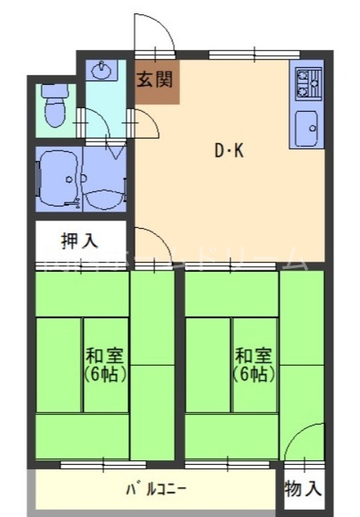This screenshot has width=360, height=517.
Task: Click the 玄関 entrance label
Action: pyautogui.click(x=157, y=80)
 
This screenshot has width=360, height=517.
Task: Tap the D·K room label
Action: pyautogui.click(x=229, y=151)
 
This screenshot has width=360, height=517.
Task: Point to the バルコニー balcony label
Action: pyautogui.click(x=156, y=489)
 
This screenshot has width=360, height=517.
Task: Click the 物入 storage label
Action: pyautogui.click(x=303, y=489)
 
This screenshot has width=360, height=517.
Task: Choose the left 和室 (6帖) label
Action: pyautogui.click(x=104, y=363)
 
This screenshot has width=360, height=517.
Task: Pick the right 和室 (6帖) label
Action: pyautogui.click(x=253, y=363)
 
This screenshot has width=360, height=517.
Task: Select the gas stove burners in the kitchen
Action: pyautogui.click(x=307, y=83)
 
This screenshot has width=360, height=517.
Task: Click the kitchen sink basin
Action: pyautogui.click(x=306, y=129)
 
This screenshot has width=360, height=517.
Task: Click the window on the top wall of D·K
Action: pyautogui.click(x=253, y=54)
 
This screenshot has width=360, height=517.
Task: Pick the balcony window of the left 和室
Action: pyautogui.click(x=92, y=465)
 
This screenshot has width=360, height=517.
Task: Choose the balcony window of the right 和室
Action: pyautogui.click(x=217, y=465)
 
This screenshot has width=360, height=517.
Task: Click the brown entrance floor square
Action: pyautogui.click(x=157, y=82)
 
